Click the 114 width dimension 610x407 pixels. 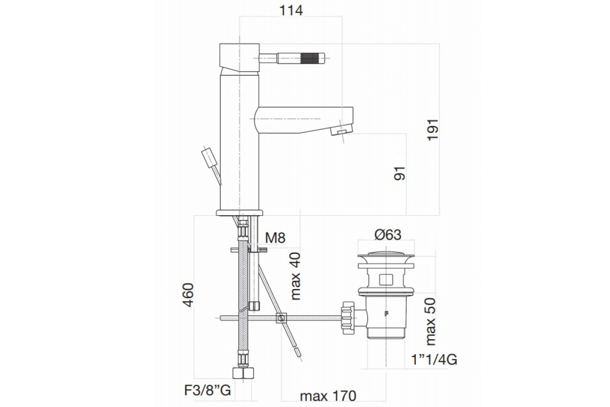pos(291,11)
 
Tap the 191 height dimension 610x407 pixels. pos(433,130)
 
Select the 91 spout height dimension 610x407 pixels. pos(400,173)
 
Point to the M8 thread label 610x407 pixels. pos(276,238)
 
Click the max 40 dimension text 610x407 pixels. pos(295,276)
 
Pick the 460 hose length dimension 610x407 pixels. pos(188,295)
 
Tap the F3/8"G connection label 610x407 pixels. pos(207,391)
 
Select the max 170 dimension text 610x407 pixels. pos(328,396)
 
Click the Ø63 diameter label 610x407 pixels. pos(388,235)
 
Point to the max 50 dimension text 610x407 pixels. pos(431,322)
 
